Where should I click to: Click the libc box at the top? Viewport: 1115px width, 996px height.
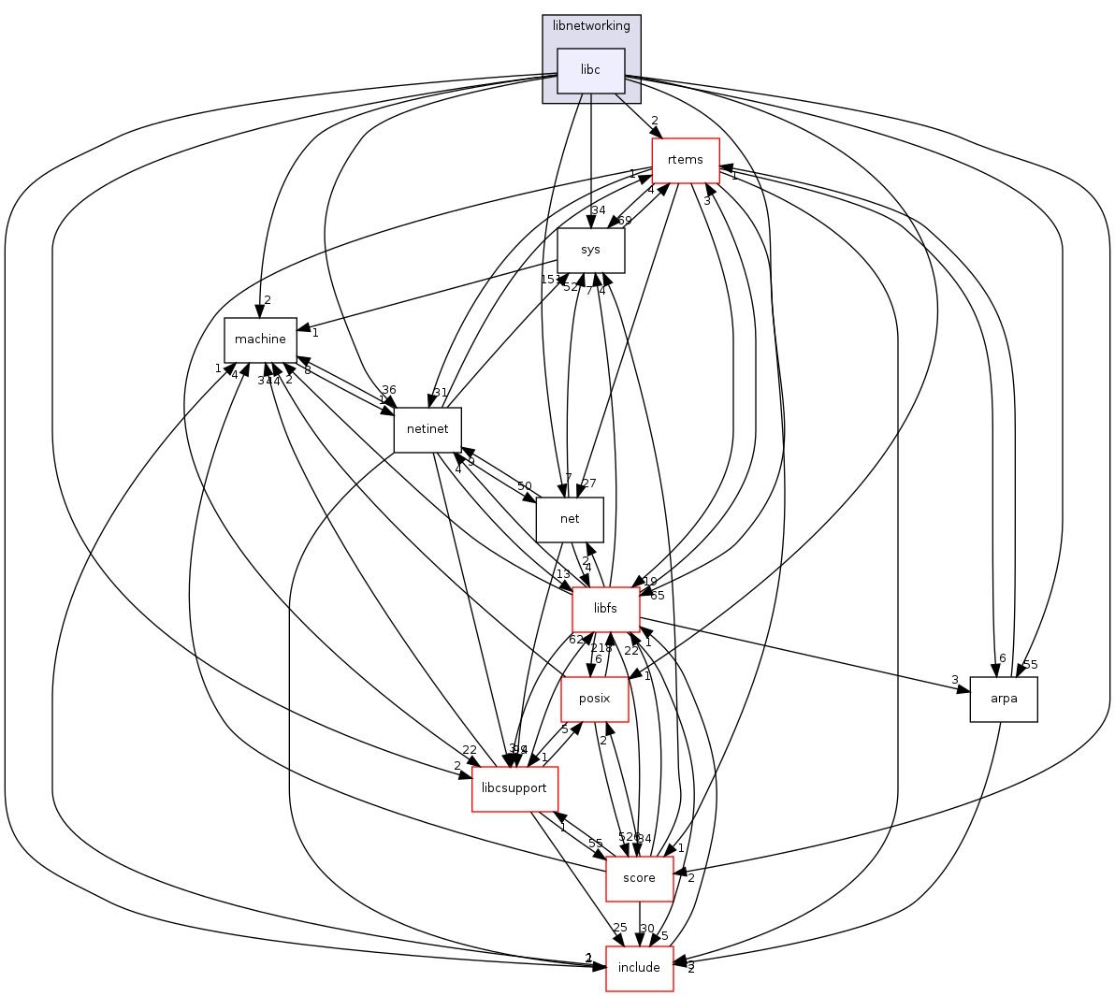[x=590, y=70]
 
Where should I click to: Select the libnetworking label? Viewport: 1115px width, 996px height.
[x=591, y=25]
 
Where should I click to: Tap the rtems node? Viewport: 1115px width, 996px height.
[x=685, y=160]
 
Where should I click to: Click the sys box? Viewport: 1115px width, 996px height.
[x=590, y=250]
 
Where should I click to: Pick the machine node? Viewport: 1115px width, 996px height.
[x=260, y=339]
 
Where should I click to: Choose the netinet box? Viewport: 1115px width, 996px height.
[x=427, y=429]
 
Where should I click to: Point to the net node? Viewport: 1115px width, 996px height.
[x=569, y=519]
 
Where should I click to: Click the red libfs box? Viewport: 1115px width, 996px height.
[x=605, y=609]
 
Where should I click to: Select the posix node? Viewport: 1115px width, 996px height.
[x=594, y=699]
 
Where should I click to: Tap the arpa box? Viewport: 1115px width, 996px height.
[x=1003, y=699]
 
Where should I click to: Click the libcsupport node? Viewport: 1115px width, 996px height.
[x=514, y=788]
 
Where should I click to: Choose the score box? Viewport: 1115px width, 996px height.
[x=639, y=878]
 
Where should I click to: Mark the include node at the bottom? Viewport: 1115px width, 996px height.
[x=639, y=968]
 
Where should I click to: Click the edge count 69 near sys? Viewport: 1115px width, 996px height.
[x=625, y=221]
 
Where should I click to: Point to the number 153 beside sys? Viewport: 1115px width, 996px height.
[x=550, y=280]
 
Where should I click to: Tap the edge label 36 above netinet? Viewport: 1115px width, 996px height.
[x=388, y=390]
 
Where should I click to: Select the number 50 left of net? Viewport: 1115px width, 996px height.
[x=524, y=486]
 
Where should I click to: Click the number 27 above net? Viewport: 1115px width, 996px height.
[x=588, y=484]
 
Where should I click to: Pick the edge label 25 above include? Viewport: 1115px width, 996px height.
[x=619, y=928]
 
